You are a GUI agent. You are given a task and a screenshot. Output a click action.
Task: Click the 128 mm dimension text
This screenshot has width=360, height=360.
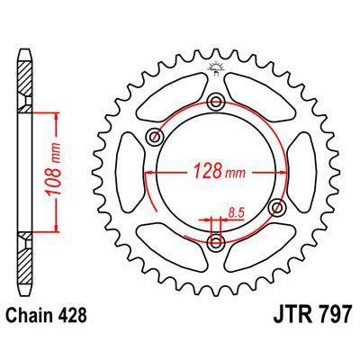pos(220,171)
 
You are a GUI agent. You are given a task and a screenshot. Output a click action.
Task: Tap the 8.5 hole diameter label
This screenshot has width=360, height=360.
pos(237,212)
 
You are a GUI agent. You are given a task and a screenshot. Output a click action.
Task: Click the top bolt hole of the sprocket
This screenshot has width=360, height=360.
pos(216,102)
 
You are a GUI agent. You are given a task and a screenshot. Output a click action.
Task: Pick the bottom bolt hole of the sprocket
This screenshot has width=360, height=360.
pos(216,240)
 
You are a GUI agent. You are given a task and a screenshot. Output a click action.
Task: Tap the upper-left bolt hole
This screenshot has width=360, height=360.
pos(155,137)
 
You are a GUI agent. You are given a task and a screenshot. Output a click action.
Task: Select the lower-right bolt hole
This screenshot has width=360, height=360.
pos(276,207)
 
